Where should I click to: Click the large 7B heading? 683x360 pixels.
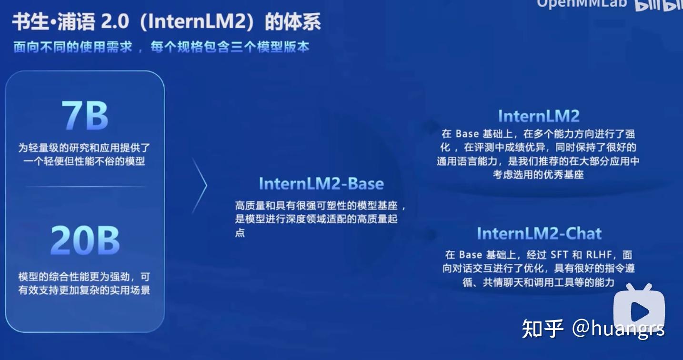coord(85,116)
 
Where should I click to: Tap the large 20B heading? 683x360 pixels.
coord(85,240)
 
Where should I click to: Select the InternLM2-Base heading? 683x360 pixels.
coord(321,184)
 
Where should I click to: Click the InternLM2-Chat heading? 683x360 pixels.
coord(539,233)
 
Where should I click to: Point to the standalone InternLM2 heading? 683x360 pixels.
coord(538,116)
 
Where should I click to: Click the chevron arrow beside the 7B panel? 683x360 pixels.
coord(201,186)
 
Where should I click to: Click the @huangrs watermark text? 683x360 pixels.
coord(618,328)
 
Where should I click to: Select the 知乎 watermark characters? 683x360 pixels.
coord(542,328)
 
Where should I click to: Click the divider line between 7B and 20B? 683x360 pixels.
coord(85,187)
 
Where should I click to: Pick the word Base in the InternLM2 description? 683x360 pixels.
coord(467,134)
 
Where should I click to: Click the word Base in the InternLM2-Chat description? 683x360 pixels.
coord(471,255)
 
